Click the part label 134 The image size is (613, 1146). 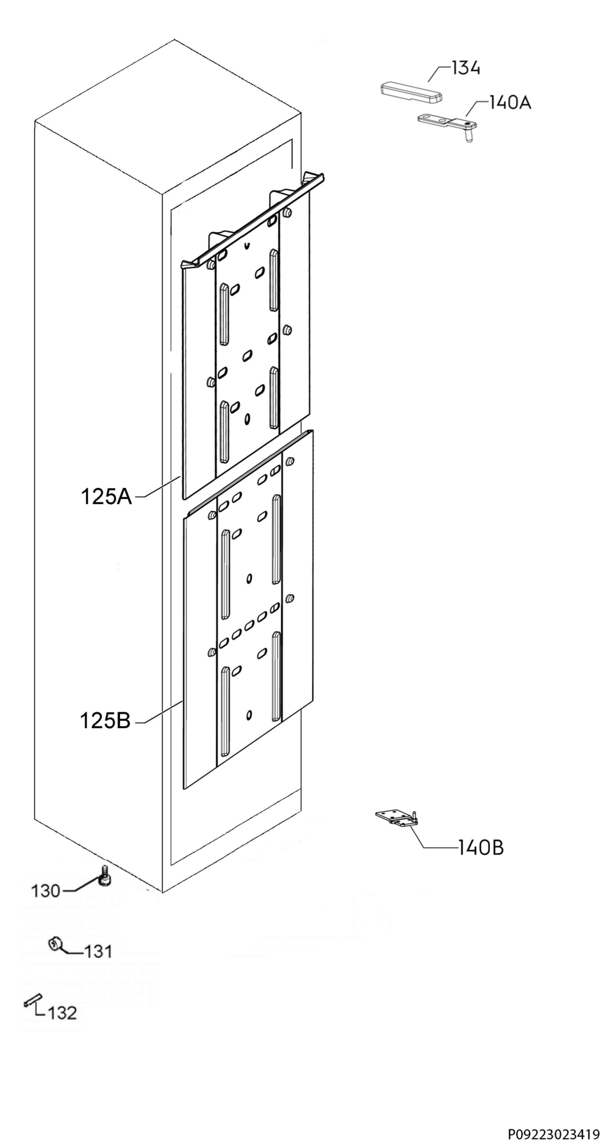pyautogui.click(x=465, y=68)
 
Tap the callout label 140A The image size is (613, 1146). pyautogui.click(x=509, y=102)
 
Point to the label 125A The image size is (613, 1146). pyautogui.click(x=106, y=497)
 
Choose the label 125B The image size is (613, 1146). pyautogui.click(x=106, y=721)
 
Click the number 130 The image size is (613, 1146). pyautogui.click(x=46, y=891)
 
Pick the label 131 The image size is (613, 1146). pyautogui.click(x=98, y=952)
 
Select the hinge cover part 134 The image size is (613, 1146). pyautogui.click(x=411, y=93)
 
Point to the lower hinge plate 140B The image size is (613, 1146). pyautogui.click(x=397, y=817)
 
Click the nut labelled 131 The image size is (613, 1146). pyautogui.click(x=54, y=944)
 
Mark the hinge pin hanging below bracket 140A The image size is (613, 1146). pyautogui.click(x=470, y=137)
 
